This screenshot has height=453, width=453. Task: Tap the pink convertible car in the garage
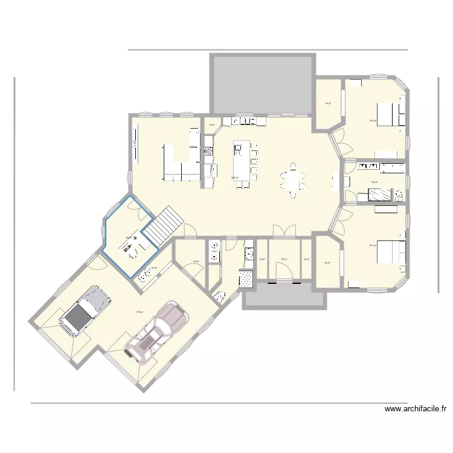(x=155, y=334)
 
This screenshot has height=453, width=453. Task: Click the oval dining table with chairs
(x=293, y=180)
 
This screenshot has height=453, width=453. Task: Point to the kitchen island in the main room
(x=242, y=164)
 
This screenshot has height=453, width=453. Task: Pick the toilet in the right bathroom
(x=399, y=194)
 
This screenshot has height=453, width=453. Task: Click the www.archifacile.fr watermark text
(x=416, y=409)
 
